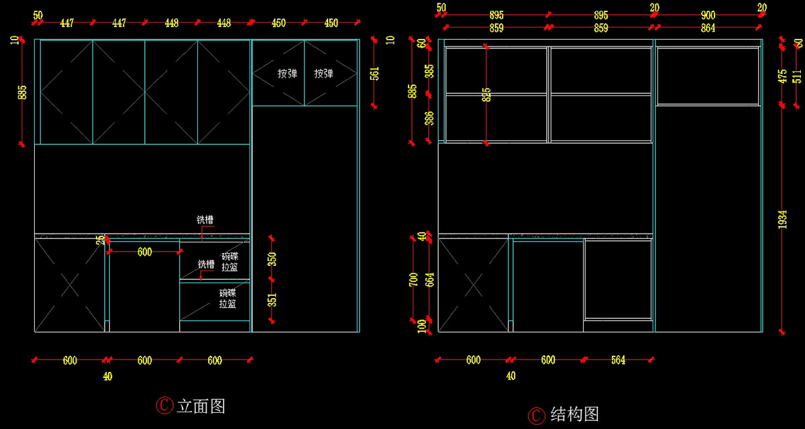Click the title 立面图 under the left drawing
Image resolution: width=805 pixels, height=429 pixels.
click(201, 406)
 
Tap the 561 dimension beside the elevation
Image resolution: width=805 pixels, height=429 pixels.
click(374, 73)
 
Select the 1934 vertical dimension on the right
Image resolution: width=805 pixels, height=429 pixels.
click(782, 220)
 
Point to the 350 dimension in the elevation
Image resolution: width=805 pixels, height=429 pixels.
click(272, 259)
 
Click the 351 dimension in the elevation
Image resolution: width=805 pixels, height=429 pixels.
click(272, 299)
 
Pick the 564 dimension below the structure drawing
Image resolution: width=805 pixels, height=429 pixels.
click(618, 361)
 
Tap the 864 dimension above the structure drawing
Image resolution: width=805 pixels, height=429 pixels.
click(708, 28)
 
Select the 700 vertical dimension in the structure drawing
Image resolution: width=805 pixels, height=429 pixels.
click(413, 278)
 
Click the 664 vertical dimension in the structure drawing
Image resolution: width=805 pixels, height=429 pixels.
click(430, 279)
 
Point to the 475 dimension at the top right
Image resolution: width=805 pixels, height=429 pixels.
click(782, 75)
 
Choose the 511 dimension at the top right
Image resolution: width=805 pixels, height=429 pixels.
click(797, 75)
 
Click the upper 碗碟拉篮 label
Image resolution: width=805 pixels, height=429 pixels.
click(229, 262)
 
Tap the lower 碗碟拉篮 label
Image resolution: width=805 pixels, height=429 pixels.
click(227, 299)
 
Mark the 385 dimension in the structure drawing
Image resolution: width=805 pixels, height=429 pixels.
click(430, 70)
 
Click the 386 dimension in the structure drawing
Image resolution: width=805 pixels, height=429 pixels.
click(430, 118)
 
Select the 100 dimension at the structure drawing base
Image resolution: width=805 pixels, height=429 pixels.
click(421, 326)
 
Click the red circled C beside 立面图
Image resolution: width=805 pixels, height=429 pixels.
click(164, 406)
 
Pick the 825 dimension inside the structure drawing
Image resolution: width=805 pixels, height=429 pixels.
click(486, 95)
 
